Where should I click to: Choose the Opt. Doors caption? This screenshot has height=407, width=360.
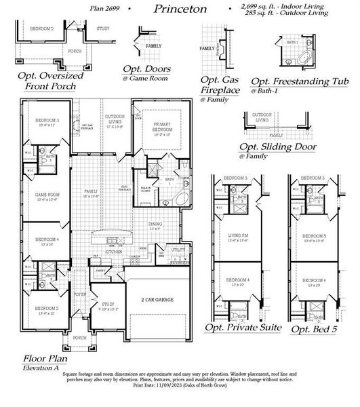point(146,69)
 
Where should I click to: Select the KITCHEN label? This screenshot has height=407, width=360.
point(112,252)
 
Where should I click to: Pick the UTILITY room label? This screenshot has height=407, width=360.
point(178,250)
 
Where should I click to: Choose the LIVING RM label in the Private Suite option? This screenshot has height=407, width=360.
point(241,236)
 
